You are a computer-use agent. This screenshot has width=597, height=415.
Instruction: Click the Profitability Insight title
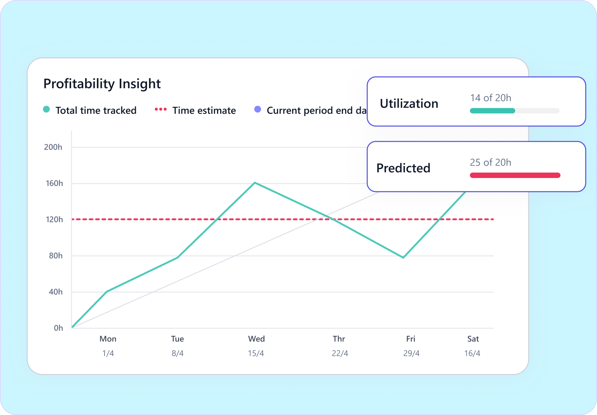(102, 84)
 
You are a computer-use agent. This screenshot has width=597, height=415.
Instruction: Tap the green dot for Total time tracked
(47, 110)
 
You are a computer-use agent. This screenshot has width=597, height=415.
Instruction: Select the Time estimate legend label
(204, 111)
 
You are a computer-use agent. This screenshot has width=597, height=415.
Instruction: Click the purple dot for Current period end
(258, 109)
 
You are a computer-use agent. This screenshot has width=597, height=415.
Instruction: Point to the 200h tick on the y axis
(53, 147)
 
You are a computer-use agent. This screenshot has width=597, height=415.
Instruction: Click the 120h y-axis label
(54, 220)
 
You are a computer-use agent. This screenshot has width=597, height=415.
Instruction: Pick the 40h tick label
(55, 292)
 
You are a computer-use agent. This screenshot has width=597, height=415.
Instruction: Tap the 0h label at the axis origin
(58, 328)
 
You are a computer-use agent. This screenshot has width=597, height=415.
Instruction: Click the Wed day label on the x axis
(256, 339)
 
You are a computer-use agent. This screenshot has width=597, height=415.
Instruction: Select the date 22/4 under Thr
(340, 354)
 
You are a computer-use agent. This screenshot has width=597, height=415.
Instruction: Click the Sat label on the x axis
(473, 339)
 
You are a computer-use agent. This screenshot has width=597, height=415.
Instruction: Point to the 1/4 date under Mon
(108, 354)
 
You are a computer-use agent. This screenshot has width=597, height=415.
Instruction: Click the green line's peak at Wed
(255, 183)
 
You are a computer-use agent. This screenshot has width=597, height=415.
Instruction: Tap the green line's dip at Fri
(403, 258)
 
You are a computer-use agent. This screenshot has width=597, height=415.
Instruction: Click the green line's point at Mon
(107, 291)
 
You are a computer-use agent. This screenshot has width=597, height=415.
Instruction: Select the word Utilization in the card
(409, 104)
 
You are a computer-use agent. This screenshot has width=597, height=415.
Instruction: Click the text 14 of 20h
(490, 98)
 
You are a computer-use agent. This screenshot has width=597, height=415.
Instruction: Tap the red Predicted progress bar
(515, 175)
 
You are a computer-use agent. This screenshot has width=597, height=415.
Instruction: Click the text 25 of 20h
(490, 163)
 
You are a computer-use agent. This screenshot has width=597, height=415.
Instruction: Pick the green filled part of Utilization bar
(492, 111)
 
